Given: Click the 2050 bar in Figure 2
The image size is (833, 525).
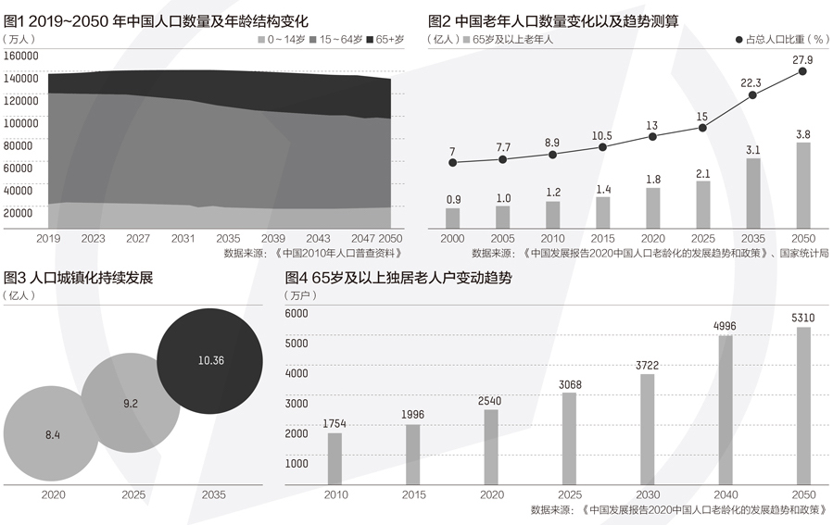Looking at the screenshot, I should [803, 185].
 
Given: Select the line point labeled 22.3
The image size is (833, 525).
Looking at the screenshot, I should [753, 94].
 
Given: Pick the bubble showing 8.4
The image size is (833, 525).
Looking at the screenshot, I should [53, 432].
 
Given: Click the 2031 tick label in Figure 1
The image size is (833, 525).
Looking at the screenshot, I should [183, 239].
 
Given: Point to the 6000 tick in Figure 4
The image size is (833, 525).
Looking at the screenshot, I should [296, 314].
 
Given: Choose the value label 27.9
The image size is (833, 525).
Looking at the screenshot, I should [802, 60].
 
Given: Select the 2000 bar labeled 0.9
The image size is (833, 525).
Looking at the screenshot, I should [452, 218].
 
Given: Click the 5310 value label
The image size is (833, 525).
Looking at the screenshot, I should [803, 319].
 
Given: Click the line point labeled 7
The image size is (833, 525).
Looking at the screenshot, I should [452, 163].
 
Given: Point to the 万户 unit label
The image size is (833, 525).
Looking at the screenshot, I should [300, 295].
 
